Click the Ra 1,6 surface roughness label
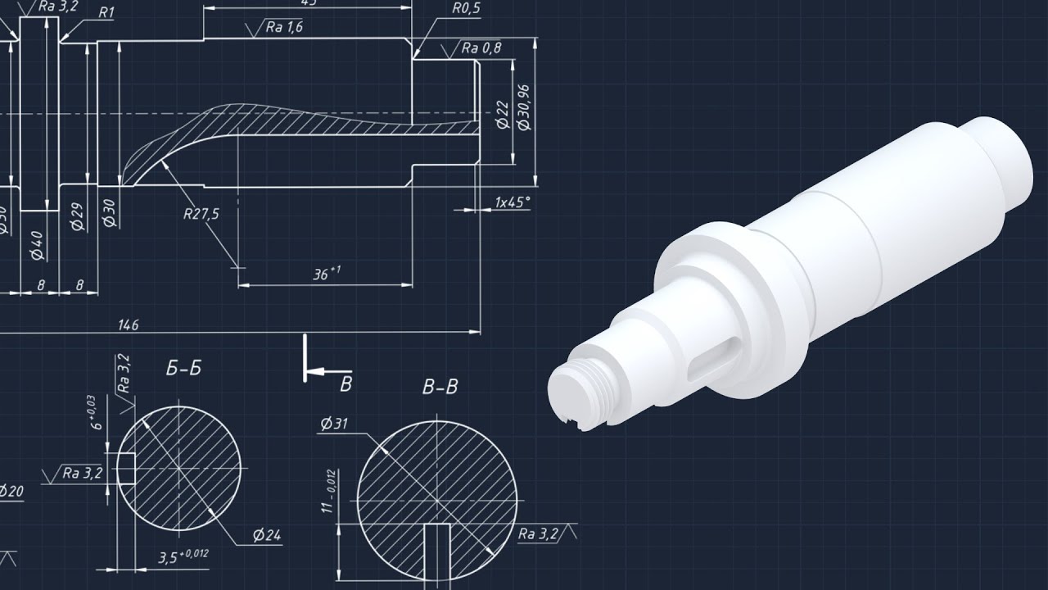point(283,27)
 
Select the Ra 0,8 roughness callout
point(481,48)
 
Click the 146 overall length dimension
point(129,325)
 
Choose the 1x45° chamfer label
point(513,202)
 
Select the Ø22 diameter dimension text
point(503,114)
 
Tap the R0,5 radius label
point(466,9)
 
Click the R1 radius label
point(106,12)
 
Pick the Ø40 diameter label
point(36,245)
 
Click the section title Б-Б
point(183,370)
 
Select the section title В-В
point(440,388)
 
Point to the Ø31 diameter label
point(335,424)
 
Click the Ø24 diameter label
point(267,536)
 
